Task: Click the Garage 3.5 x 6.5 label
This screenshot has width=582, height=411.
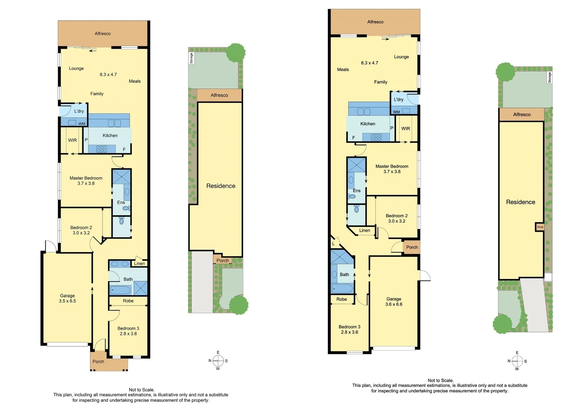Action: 67,298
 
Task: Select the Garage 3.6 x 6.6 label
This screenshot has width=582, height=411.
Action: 393,302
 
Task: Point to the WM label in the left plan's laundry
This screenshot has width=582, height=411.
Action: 82,124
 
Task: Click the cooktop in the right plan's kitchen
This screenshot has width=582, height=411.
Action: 376,137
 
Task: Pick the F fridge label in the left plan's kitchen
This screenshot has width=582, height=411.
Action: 124,150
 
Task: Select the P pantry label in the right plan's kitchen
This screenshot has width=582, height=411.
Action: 392,128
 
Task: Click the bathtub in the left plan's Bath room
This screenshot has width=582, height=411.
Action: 120,290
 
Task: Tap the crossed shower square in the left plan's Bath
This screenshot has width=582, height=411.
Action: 140,288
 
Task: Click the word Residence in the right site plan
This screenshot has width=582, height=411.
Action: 520,202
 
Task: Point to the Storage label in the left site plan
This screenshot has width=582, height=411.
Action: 191,58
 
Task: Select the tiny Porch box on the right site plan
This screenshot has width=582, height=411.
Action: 540,227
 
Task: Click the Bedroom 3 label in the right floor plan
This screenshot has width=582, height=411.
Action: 349,329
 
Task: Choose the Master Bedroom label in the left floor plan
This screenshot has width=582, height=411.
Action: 86,180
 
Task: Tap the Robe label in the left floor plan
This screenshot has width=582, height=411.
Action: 128,301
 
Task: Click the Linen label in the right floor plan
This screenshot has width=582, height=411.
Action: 365,230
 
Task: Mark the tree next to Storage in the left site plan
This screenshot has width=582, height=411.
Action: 236,53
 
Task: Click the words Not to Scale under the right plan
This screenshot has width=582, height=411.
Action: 440,380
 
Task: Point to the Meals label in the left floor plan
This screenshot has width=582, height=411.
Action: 134,81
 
